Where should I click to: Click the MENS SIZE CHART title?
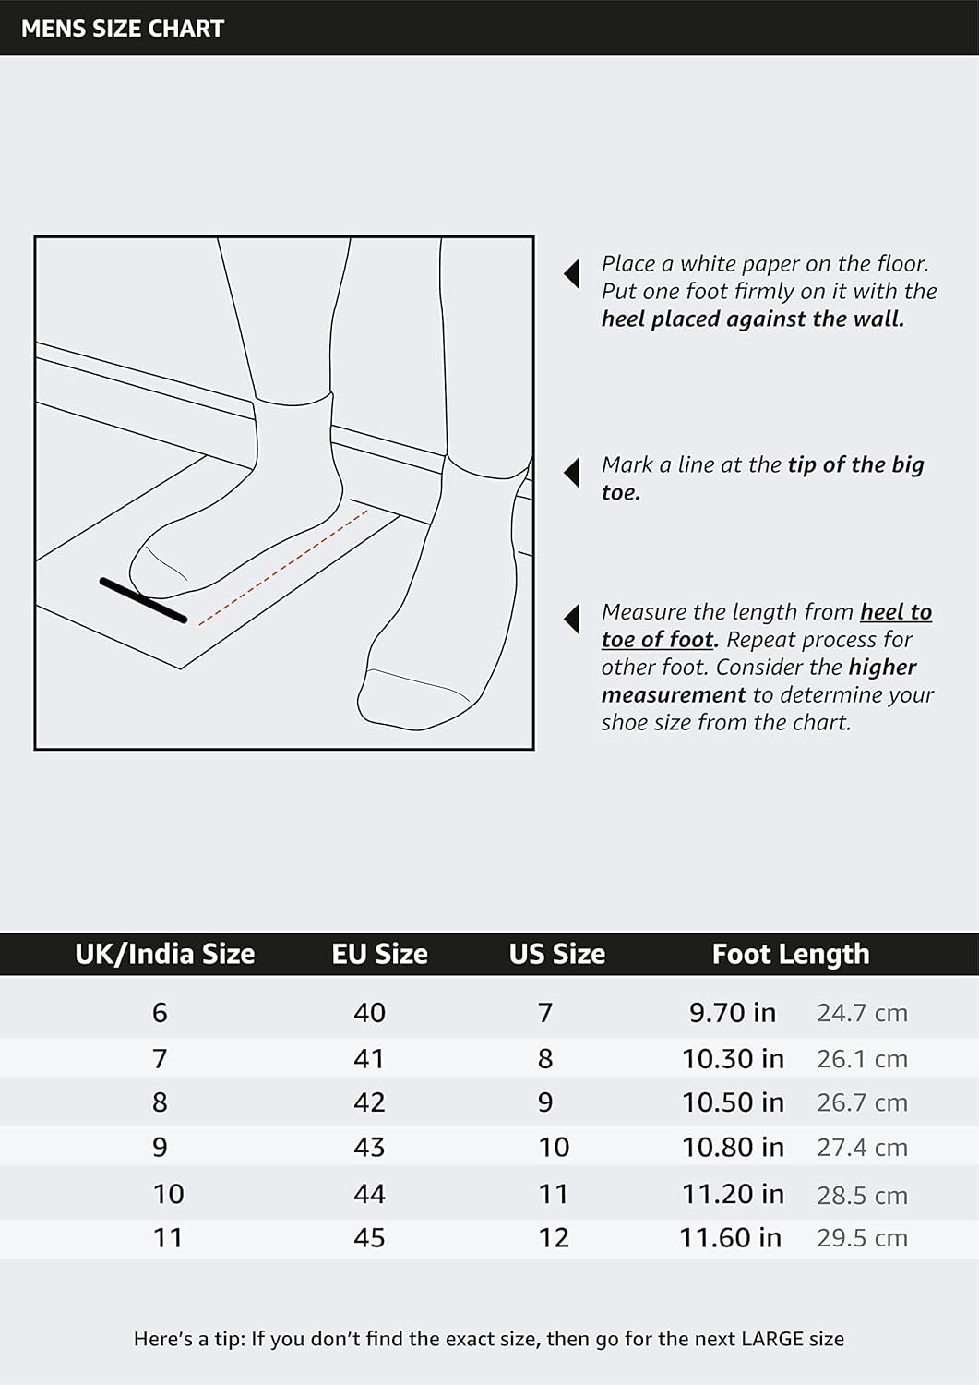123,29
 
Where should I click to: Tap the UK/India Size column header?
164,954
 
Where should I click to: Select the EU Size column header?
379,954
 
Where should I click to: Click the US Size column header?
557,954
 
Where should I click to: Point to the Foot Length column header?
791,955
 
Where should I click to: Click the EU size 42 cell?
370,1102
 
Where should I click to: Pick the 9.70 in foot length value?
733,1013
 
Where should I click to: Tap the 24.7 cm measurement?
862,1014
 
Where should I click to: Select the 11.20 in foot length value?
733,1194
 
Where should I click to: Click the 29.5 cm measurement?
862,1238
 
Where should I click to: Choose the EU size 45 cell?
370,1238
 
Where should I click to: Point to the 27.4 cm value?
862,1149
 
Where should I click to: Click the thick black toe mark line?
143,600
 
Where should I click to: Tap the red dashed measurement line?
283,568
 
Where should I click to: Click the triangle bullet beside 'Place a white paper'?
572,273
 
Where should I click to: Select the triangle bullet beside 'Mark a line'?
572,473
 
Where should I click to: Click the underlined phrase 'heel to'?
896,612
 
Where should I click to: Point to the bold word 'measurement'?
674,695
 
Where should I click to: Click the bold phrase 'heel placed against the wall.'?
753,319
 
